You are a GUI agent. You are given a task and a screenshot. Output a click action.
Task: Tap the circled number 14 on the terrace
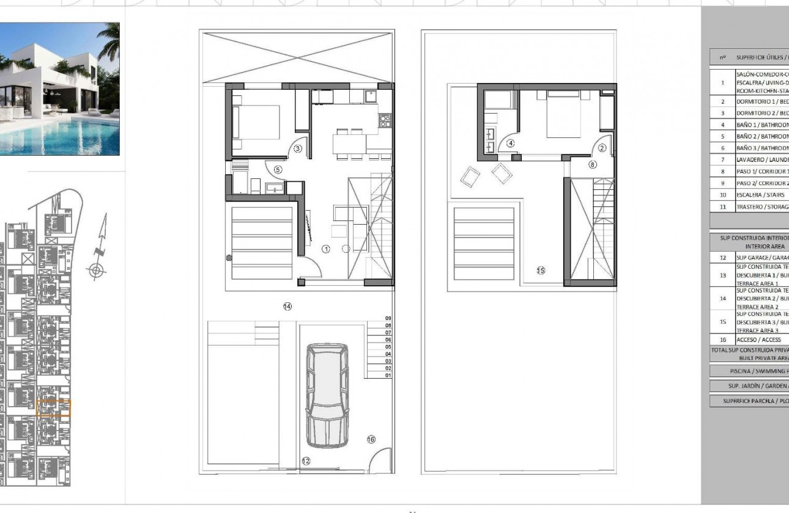coord(287,306)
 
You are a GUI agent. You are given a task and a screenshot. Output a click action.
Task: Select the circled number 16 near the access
coord(371,439)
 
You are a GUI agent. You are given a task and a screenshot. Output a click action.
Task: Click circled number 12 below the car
coord(306,462)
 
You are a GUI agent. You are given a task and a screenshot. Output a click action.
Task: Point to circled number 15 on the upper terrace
coord(541,270)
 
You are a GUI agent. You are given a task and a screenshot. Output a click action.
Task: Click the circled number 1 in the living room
coord(326,249)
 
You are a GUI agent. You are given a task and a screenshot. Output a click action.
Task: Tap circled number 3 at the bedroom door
coord(298,148)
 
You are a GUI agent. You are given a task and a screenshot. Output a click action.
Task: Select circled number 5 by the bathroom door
coord(277,170)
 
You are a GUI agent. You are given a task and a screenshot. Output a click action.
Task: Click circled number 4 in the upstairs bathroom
coord(511,144)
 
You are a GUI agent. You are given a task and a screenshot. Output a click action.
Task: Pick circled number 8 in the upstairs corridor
coord(592,164)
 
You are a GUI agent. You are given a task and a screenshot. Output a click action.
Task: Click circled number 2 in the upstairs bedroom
coord(602,147)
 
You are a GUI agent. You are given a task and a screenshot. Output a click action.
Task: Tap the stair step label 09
coord(388,318)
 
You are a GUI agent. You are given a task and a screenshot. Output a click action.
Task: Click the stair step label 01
coord(388,376)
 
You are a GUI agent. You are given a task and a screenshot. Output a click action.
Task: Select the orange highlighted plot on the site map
coord(54,408)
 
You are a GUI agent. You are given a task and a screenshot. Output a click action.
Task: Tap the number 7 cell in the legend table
coord(722,159)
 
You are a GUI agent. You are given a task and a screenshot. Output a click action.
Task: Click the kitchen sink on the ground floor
coord(370,96)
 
